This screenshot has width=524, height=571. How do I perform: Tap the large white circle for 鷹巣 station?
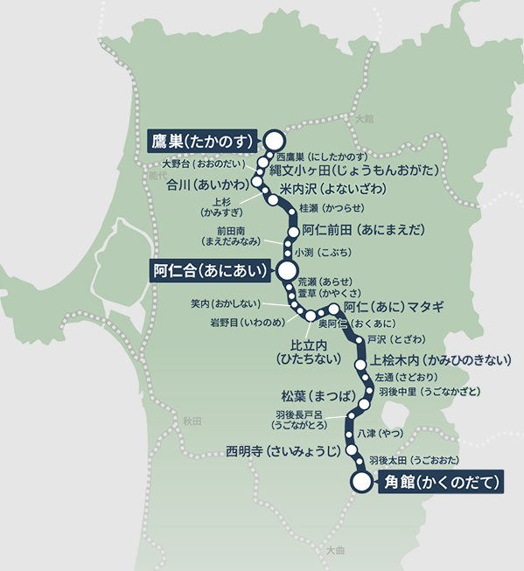coord(275,139)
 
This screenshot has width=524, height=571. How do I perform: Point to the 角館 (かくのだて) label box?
coord(442,482)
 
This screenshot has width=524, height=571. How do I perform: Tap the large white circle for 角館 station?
coord(360,481)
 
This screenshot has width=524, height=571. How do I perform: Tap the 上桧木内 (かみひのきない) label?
coord(441,359)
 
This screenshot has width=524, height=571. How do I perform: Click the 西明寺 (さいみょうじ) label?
coord(283,451)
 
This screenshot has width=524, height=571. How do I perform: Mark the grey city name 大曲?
coord(335,551)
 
